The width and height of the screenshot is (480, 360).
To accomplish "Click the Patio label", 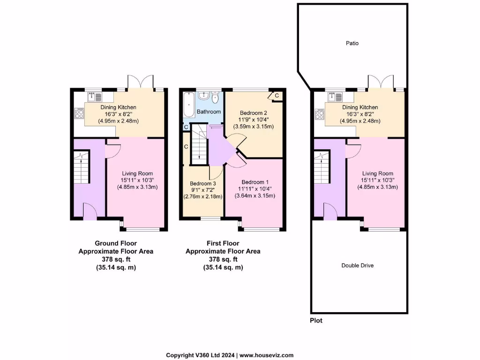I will pyautogui.click(x=352, y=43).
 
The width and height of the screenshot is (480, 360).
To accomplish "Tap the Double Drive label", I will pyautogui.click(x=357, y=265).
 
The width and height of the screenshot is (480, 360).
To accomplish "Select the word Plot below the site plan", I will pyautogui.click(x=316, y=321).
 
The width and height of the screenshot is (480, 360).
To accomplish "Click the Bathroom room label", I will pyautogui.click(x=209, y=112).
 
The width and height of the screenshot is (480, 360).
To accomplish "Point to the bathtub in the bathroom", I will pyautogui.click(x=188, y=105).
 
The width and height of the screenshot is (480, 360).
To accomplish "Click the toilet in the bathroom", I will pyautogui.click(x=215, y=98).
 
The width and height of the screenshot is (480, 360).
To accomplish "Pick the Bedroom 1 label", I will pyautogui.click(x=255, y=182).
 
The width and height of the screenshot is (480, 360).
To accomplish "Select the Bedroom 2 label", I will pyautogui.click(x=253, y=113).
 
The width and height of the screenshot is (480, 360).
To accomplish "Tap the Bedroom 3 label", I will pyautogui.click(x=203, y=183).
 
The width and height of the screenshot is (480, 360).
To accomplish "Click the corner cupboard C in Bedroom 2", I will pyautogui.click(x=276, y=96).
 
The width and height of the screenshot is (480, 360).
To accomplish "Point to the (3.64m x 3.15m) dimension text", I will pyautogui.click(x=255, y=195).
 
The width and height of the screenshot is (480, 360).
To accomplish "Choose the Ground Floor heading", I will pyautogui.click(x=115, y=243).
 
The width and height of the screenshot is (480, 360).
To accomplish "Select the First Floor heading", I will pyautogui.click(x=223, y=243).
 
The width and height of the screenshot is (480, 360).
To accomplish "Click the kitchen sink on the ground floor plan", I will pyautogui.click(x=94, y=97).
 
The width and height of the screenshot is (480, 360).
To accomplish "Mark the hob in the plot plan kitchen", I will pyautogui.click(x=320, y=113).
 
